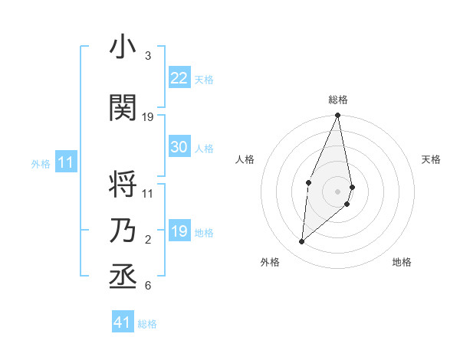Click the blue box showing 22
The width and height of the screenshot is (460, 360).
click(179, 78)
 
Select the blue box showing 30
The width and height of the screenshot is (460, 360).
click(179, 147)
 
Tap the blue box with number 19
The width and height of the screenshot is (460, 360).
click(179, 231)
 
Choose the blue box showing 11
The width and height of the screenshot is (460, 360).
click(66, 162)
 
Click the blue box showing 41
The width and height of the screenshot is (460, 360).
click(123, 322)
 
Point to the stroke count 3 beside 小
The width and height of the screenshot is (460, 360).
click(148, 56)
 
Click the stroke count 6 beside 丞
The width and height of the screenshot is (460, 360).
click(148, 286)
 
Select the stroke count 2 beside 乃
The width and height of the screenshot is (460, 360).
click(148, 240)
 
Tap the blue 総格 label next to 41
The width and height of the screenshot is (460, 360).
click(147, 324)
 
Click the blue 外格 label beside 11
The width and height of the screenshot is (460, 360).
click(40, 164)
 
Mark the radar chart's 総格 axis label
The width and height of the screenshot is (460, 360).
click(337, 100)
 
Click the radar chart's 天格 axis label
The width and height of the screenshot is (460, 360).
click(431, 159)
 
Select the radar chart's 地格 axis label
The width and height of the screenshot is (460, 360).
click(402, 262)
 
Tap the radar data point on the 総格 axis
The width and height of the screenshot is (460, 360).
click(337, 116)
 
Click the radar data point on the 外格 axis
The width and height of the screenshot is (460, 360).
click(302, 241)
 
